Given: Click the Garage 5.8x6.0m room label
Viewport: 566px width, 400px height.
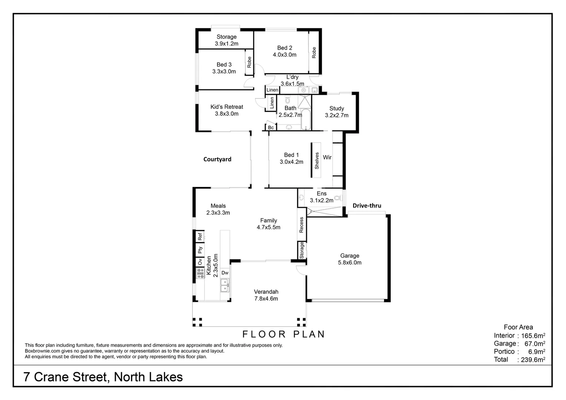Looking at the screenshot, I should (350, 259).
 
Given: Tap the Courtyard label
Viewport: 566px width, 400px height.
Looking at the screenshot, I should (217, 159).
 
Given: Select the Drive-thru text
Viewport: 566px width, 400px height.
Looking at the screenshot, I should (367, 206).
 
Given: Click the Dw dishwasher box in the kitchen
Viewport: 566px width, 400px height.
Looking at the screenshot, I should (225, 273).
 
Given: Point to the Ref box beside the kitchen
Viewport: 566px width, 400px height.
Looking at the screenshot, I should (200, 236).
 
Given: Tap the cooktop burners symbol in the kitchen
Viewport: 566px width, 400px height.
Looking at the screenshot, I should (200, 274).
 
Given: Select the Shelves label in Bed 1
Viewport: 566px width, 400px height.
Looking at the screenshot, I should (317, 161).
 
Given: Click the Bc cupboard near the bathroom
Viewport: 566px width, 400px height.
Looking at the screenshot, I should (271, 127).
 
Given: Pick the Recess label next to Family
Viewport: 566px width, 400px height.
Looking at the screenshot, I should (301, 225).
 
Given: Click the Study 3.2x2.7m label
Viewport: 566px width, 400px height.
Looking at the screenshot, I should (337, 111).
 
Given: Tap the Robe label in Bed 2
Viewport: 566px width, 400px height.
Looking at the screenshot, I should (314, 52).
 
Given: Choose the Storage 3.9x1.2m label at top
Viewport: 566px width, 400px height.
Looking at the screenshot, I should (226, 40).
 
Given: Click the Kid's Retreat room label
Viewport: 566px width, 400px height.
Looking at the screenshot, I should (226, 110).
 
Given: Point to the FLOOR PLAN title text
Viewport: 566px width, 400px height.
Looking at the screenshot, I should (284, 334).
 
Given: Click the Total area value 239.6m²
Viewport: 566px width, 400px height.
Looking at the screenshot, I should (532, 360).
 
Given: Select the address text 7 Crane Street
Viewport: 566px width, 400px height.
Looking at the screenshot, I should (103, 377).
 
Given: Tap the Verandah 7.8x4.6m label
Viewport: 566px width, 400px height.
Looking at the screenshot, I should (266, 295).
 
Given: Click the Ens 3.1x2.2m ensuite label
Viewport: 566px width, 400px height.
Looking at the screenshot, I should (321, 197).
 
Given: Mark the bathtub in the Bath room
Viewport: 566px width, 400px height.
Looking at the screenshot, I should (305, 119).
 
